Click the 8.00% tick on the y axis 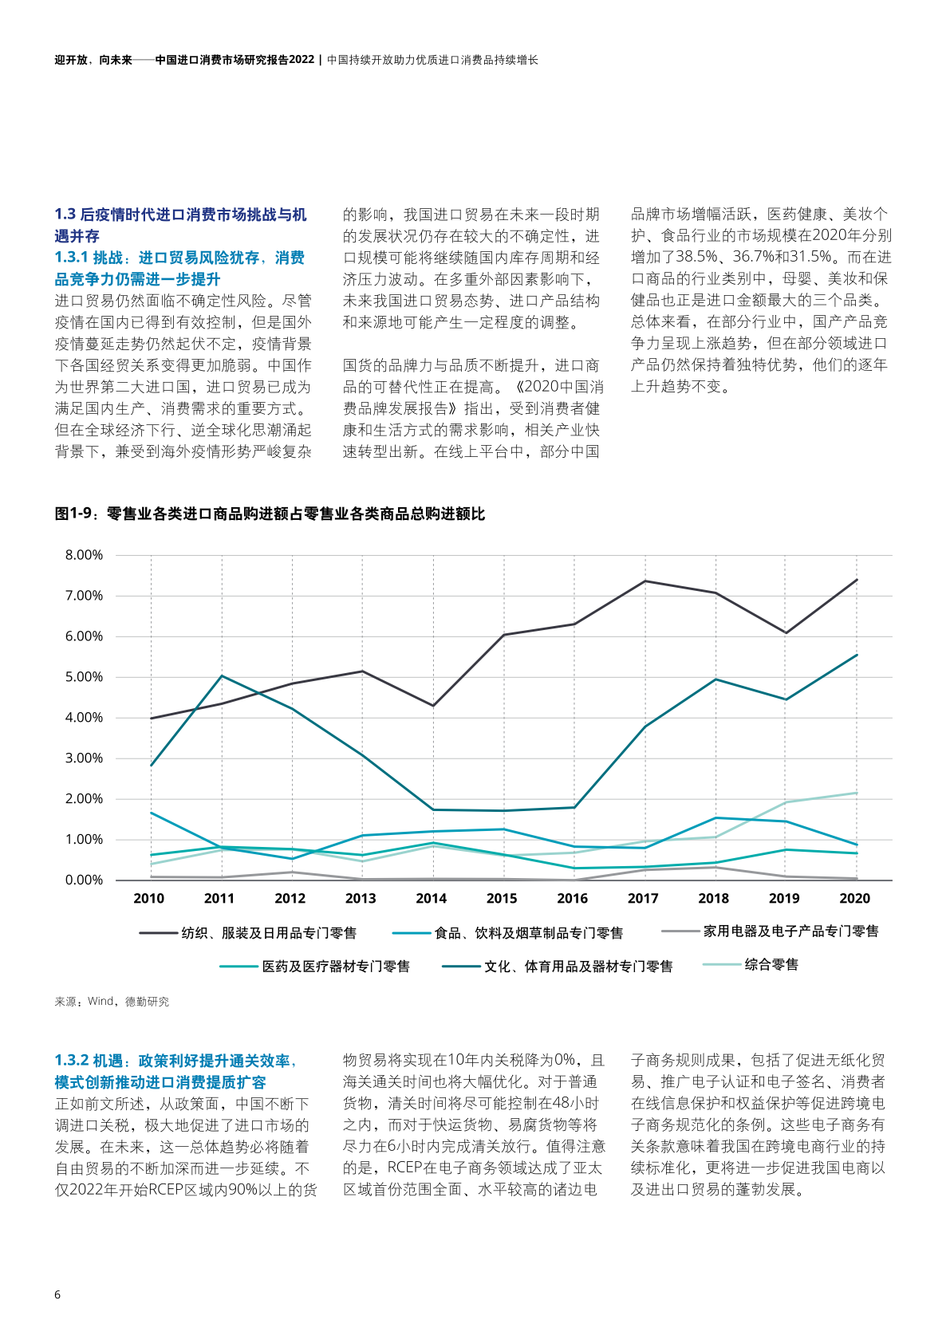(x=84, y=555)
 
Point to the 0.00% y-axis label (x=84, y=880)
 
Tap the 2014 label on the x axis (x=431, y=899)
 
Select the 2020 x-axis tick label (x=854, y=899)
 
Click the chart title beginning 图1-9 (x=270, y=514)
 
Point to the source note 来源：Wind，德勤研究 (x=112, y=1002)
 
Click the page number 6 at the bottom (x=57, y=1294)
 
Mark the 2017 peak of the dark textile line (x=645, y=581)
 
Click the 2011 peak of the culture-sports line (x=221, y=676)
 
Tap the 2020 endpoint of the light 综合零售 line (x=856, y=793)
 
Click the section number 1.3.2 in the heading (x=72, y=1061)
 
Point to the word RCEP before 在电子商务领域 (x=406, y=1168)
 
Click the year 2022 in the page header (x=302, y=60)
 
